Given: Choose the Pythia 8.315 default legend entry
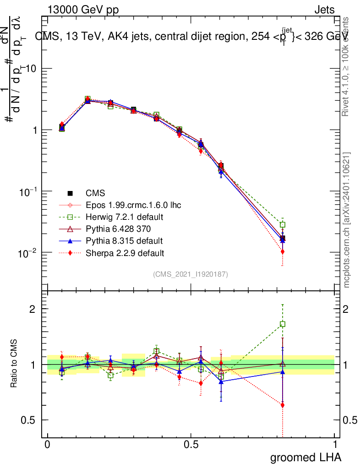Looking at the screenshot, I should (x=120, y=240).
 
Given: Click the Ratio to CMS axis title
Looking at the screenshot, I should (x=15, y=364).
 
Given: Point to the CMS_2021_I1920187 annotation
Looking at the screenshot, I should (x=191, y=274).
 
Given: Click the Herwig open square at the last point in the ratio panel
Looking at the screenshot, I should (x=283, y=324).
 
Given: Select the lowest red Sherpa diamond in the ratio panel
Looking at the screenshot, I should (x=283, y=405).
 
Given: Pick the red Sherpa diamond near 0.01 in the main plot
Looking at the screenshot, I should (x=283, y=251).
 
